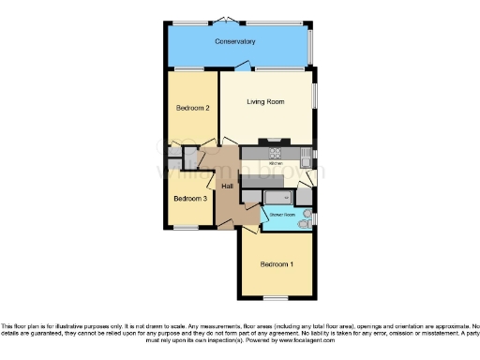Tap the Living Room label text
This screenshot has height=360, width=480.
click(x=265, y=101)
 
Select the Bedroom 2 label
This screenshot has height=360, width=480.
click(x=192, y=109)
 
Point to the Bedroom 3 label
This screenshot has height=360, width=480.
click(x=190, y=199)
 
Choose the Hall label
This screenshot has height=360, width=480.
click(x=227, y=186)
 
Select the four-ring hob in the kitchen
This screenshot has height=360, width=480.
click(x=277, y=153)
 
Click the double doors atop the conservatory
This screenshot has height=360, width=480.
click(x=226, y=20)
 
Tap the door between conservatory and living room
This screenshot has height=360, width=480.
click(x=243, y=67)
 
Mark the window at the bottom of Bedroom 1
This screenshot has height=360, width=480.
click(x=277, y=299)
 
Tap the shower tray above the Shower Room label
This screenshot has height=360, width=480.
click(x=276, y=197)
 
